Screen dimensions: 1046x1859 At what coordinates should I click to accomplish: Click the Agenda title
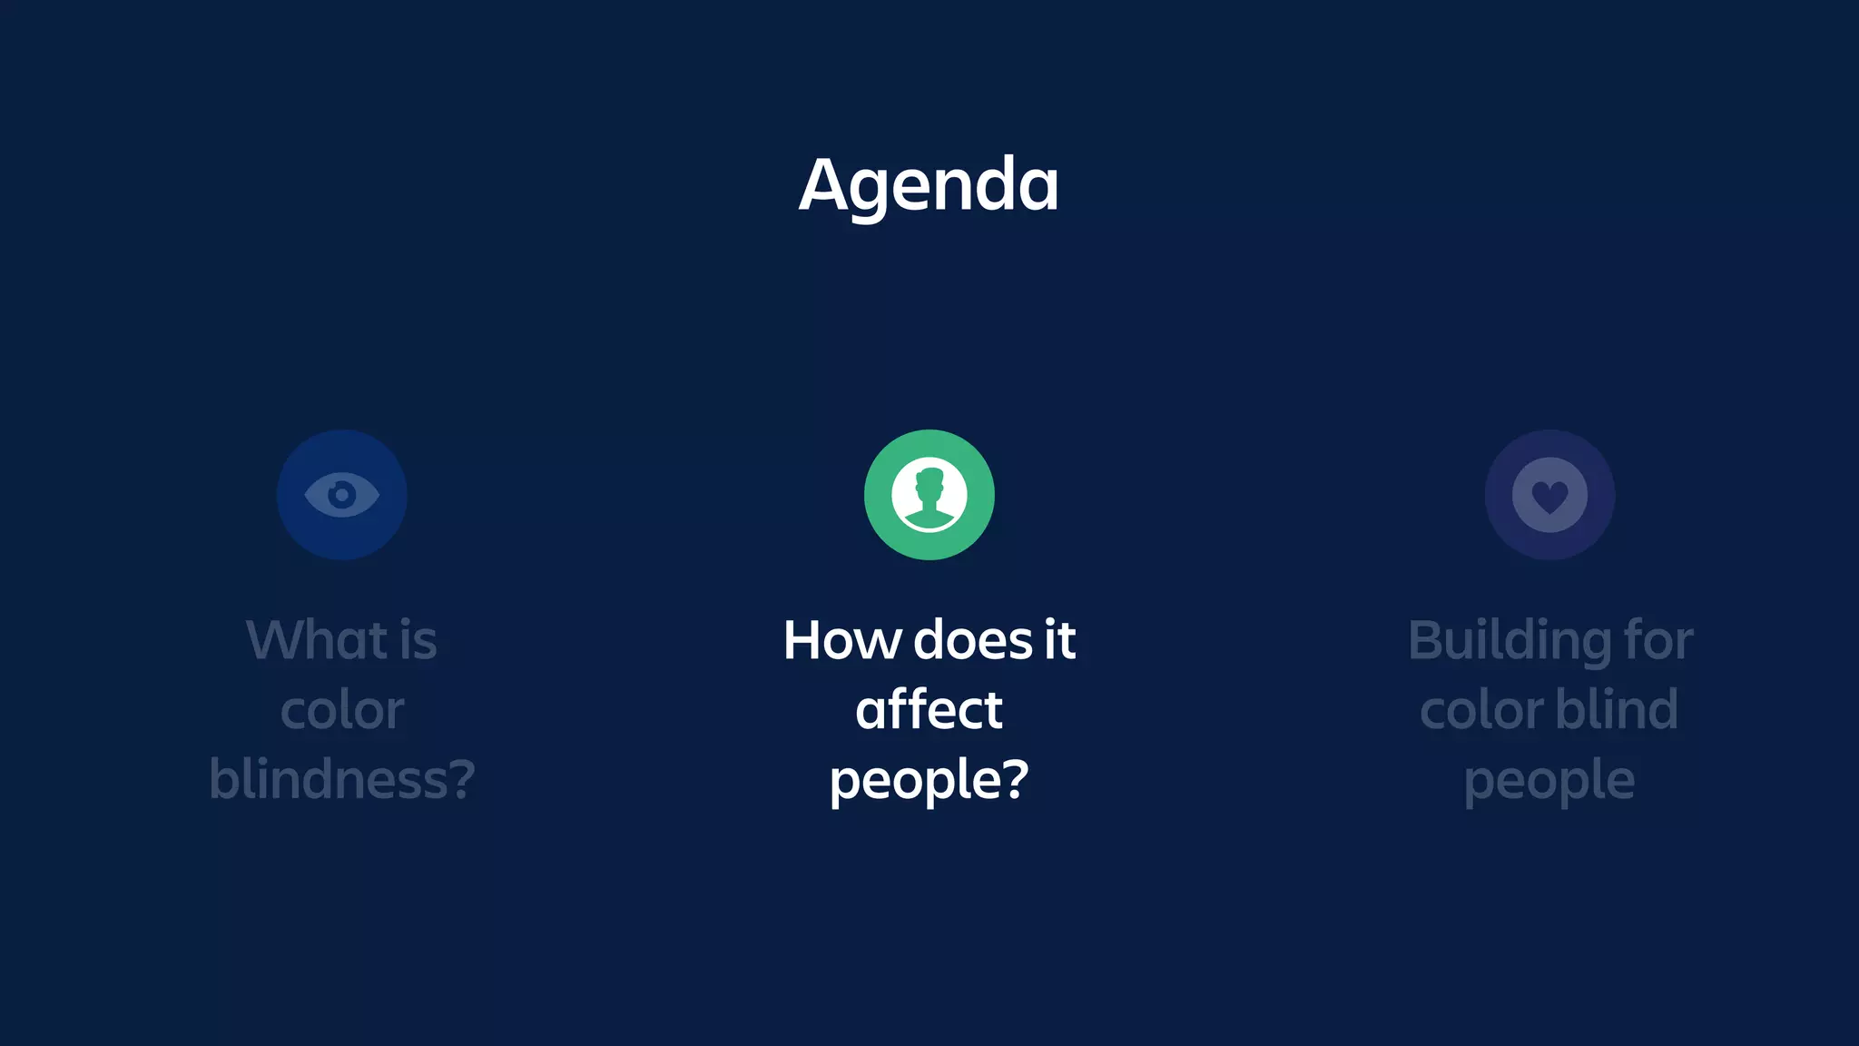[929, 185]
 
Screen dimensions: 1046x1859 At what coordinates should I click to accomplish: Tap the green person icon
[929, 495]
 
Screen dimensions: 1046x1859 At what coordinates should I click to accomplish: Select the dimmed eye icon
[341, 495]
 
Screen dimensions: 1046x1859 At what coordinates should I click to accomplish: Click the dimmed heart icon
[1549, 495]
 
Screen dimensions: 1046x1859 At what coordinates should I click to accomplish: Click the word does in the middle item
[972, 640]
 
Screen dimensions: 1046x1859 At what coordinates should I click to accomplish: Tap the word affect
[929, 709]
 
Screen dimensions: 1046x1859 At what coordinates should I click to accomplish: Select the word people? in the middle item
[929, 780]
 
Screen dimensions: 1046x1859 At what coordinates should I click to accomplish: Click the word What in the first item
[317, 640]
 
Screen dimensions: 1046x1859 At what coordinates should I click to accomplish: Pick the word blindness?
[341, 779]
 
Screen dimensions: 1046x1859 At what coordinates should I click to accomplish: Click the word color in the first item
[341, 710]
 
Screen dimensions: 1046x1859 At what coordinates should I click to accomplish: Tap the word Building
[1508, 642]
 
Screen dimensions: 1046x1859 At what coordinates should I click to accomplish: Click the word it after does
[1059, 640]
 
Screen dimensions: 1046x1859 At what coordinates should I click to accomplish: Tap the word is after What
[418, 640]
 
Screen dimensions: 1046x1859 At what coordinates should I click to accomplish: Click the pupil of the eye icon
[341, 495]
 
